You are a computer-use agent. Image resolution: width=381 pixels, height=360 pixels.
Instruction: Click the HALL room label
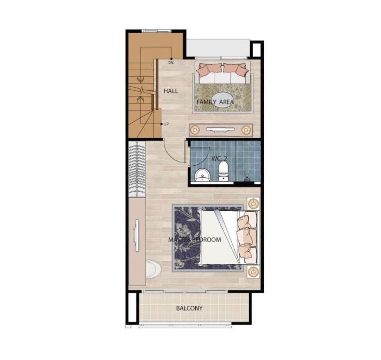coord(171,91)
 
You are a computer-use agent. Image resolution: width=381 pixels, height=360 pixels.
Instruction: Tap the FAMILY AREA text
coord(215,102)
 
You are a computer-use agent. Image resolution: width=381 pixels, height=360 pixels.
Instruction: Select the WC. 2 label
coord(219,159)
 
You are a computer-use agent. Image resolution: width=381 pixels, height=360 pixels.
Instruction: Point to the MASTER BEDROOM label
coord(195,240)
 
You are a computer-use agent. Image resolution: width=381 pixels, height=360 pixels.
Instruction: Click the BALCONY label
coord(189,308)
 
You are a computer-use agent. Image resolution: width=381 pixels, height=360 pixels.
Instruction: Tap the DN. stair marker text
coord(171,63)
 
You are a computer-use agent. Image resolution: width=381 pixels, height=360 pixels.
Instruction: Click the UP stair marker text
coord(166,124)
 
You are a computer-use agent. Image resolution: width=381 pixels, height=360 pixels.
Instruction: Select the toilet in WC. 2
coord(223,171)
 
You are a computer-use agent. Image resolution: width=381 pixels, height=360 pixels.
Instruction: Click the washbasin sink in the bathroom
coord(202,175)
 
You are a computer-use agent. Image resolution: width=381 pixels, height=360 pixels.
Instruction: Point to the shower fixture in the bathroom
coord(247,176)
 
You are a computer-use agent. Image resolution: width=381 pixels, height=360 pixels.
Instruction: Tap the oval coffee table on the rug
coord(221,100)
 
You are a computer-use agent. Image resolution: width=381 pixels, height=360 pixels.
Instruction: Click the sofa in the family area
coord(222,73)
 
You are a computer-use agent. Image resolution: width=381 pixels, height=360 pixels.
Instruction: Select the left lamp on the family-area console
coord(195,130)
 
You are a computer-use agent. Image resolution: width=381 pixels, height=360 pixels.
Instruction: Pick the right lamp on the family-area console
coord(246,130)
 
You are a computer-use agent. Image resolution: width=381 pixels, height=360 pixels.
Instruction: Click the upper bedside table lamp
coord(253,203)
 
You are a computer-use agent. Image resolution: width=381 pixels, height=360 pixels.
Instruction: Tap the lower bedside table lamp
coord(253,271)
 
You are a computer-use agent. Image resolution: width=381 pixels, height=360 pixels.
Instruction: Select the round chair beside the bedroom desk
coord(153,269)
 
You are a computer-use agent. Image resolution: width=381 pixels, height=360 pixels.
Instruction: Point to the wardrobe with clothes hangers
coord(137,169)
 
